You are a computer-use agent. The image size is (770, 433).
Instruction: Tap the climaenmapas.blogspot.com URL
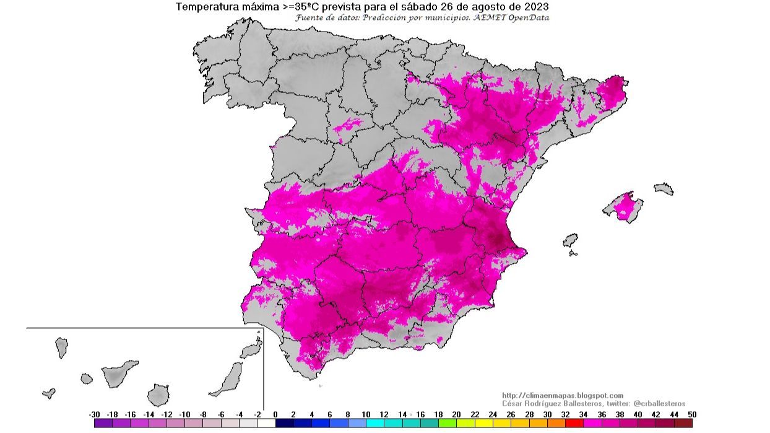point(563,395)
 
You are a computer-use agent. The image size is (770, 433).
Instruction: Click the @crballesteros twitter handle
point(659,403)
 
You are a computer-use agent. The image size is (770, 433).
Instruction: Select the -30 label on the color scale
point(94,414)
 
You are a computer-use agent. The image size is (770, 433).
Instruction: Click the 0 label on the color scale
point(275,414)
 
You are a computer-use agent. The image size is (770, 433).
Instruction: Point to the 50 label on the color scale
point(691,414)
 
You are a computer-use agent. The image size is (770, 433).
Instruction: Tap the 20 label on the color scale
point(456,414)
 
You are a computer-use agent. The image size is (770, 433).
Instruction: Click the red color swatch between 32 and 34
point(574,423)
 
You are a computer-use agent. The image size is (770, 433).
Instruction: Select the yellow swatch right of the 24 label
point(502,423)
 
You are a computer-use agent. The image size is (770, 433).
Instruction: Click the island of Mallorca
point(624,207)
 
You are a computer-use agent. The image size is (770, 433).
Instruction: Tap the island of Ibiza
point(570,240)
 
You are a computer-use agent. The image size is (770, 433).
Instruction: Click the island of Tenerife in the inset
point(118,373)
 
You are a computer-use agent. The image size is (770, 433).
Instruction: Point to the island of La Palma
point(61,347)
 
